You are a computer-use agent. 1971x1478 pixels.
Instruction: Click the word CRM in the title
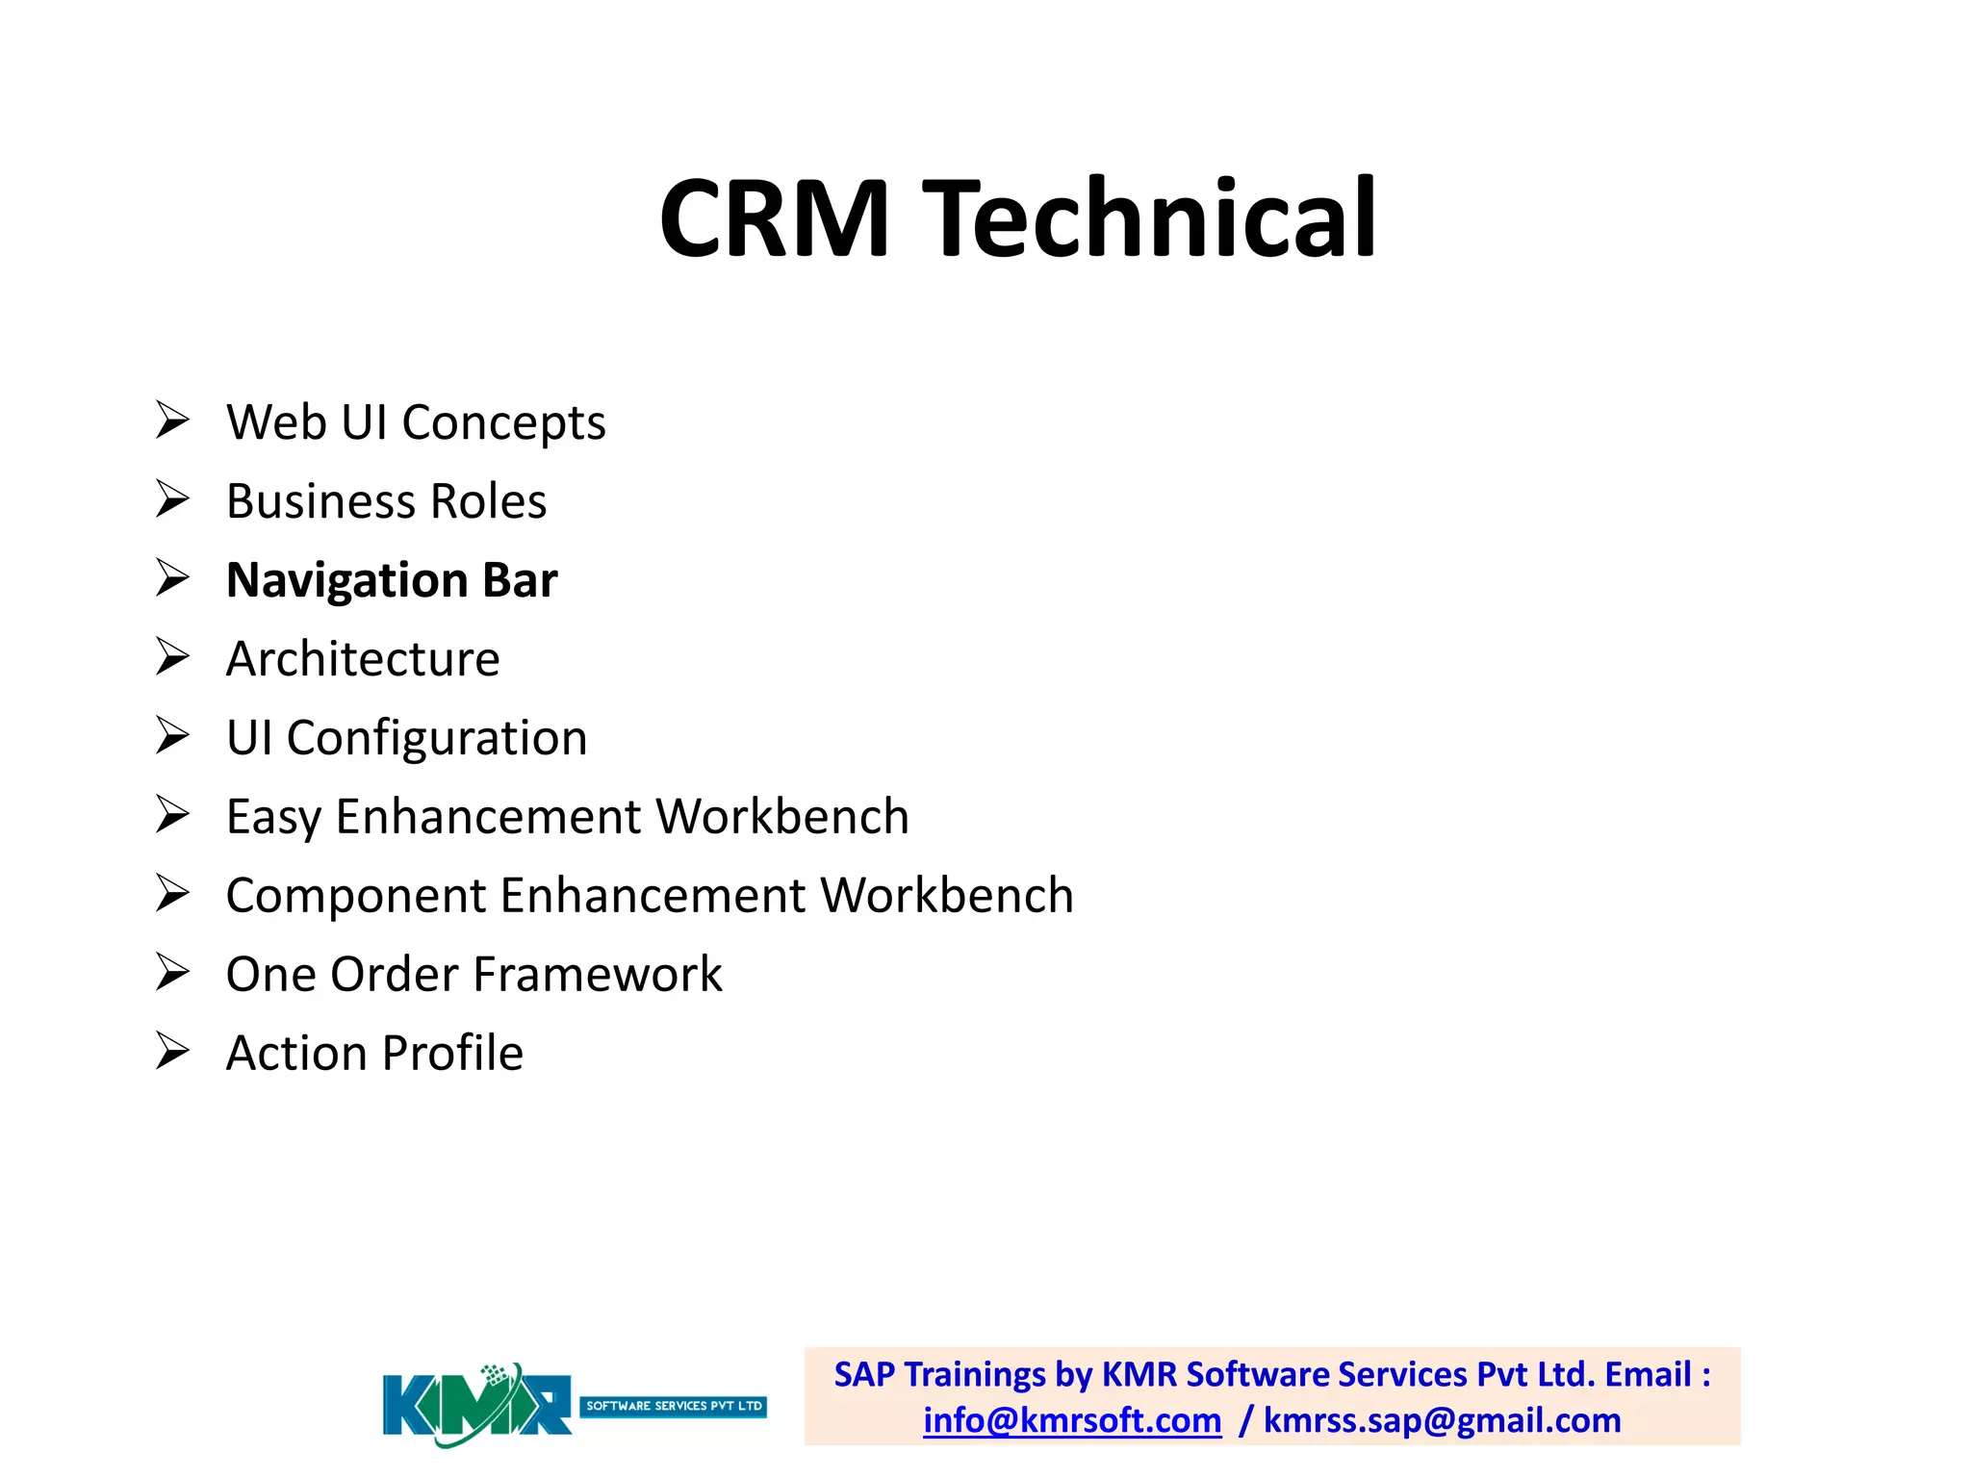pyautogui.click(x=775, y=219)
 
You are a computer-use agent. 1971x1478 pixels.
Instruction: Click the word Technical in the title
pyautogui.click(x=1150, y=219)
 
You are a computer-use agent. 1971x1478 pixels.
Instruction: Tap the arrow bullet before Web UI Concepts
pyautogui.click(x=173, y=420)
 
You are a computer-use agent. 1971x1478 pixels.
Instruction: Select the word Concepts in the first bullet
pyautogui.click(x=503, y=423)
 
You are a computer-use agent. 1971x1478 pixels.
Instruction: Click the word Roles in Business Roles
pyautogui.click(x=488, y=501)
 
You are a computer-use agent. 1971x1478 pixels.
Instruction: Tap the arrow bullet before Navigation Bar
pyautogui.click(x=173, y=578)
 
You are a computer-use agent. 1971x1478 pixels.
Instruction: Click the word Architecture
pyautogui.click(x=363, y=659)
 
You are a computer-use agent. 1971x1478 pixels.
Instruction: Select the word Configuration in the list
pyautogui.click(x=437, y=739)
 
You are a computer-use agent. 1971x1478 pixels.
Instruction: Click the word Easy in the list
pyautogui.click(x=273, y=818)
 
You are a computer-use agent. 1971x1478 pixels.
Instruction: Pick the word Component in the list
pyautogui.click(x=356, y=897)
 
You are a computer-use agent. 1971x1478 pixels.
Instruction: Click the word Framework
pyautogui.click(x=624, y=975)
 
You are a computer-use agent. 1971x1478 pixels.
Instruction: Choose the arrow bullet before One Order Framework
pyautogui.click(x=173, y=972)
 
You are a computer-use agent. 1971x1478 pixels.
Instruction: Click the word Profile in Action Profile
pyautogui.click(x=452, y=1054)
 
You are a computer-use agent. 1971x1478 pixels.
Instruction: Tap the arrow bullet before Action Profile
pyautogui.click(x=173, y=1051)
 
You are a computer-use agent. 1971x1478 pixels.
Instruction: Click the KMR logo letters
pyautogui.click(x=476, y=1406)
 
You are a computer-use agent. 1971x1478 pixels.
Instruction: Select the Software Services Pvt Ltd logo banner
pyautogui.click(x=674, y=1406)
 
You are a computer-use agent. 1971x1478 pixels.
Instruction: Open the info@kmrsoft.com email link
pyautogui.click(x=1072, y=1421)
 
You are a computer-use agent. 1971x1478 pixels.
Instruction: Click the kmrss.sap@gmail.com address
pyautogui.click(x=1442, y=1421)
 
